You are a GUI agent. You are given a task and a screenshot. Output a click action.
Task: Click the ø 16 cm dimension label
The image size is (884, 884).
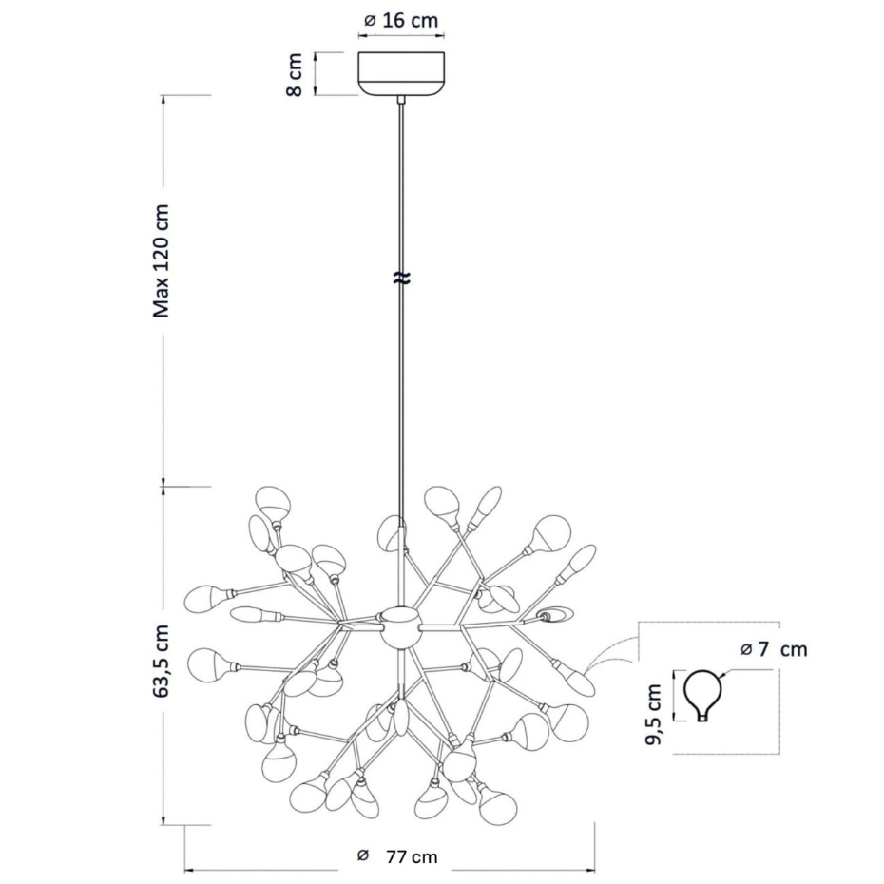401,21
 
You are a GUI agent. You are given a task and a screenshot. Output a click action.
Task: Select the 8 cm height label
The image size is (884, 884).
295,74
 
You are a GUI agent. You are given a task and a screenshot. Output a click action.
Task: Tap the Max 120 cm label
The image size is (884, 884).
162,260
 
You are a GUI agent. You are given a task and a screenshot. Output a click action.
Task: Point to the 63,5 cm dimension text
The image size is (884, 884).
162,662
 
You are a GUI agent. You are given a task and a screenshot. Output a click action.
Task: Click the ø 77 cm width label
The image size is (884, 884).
397,856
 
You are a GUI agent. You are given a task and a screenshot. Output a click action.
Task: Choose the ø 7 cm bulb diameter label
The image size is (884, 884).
774,649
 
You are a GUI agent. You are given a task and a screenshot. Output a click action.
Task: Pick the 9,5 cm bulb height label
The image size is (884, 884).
653,714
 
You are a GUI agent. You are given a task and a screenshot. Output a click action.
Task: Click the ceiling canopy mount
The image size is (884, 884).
401,73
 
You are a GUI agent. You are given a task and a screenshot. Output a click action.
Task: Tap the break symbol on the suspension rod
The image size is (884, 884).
401,278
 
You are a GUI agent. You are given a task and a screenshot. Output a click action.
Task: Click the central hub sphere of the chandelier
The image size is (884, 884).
400,627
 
